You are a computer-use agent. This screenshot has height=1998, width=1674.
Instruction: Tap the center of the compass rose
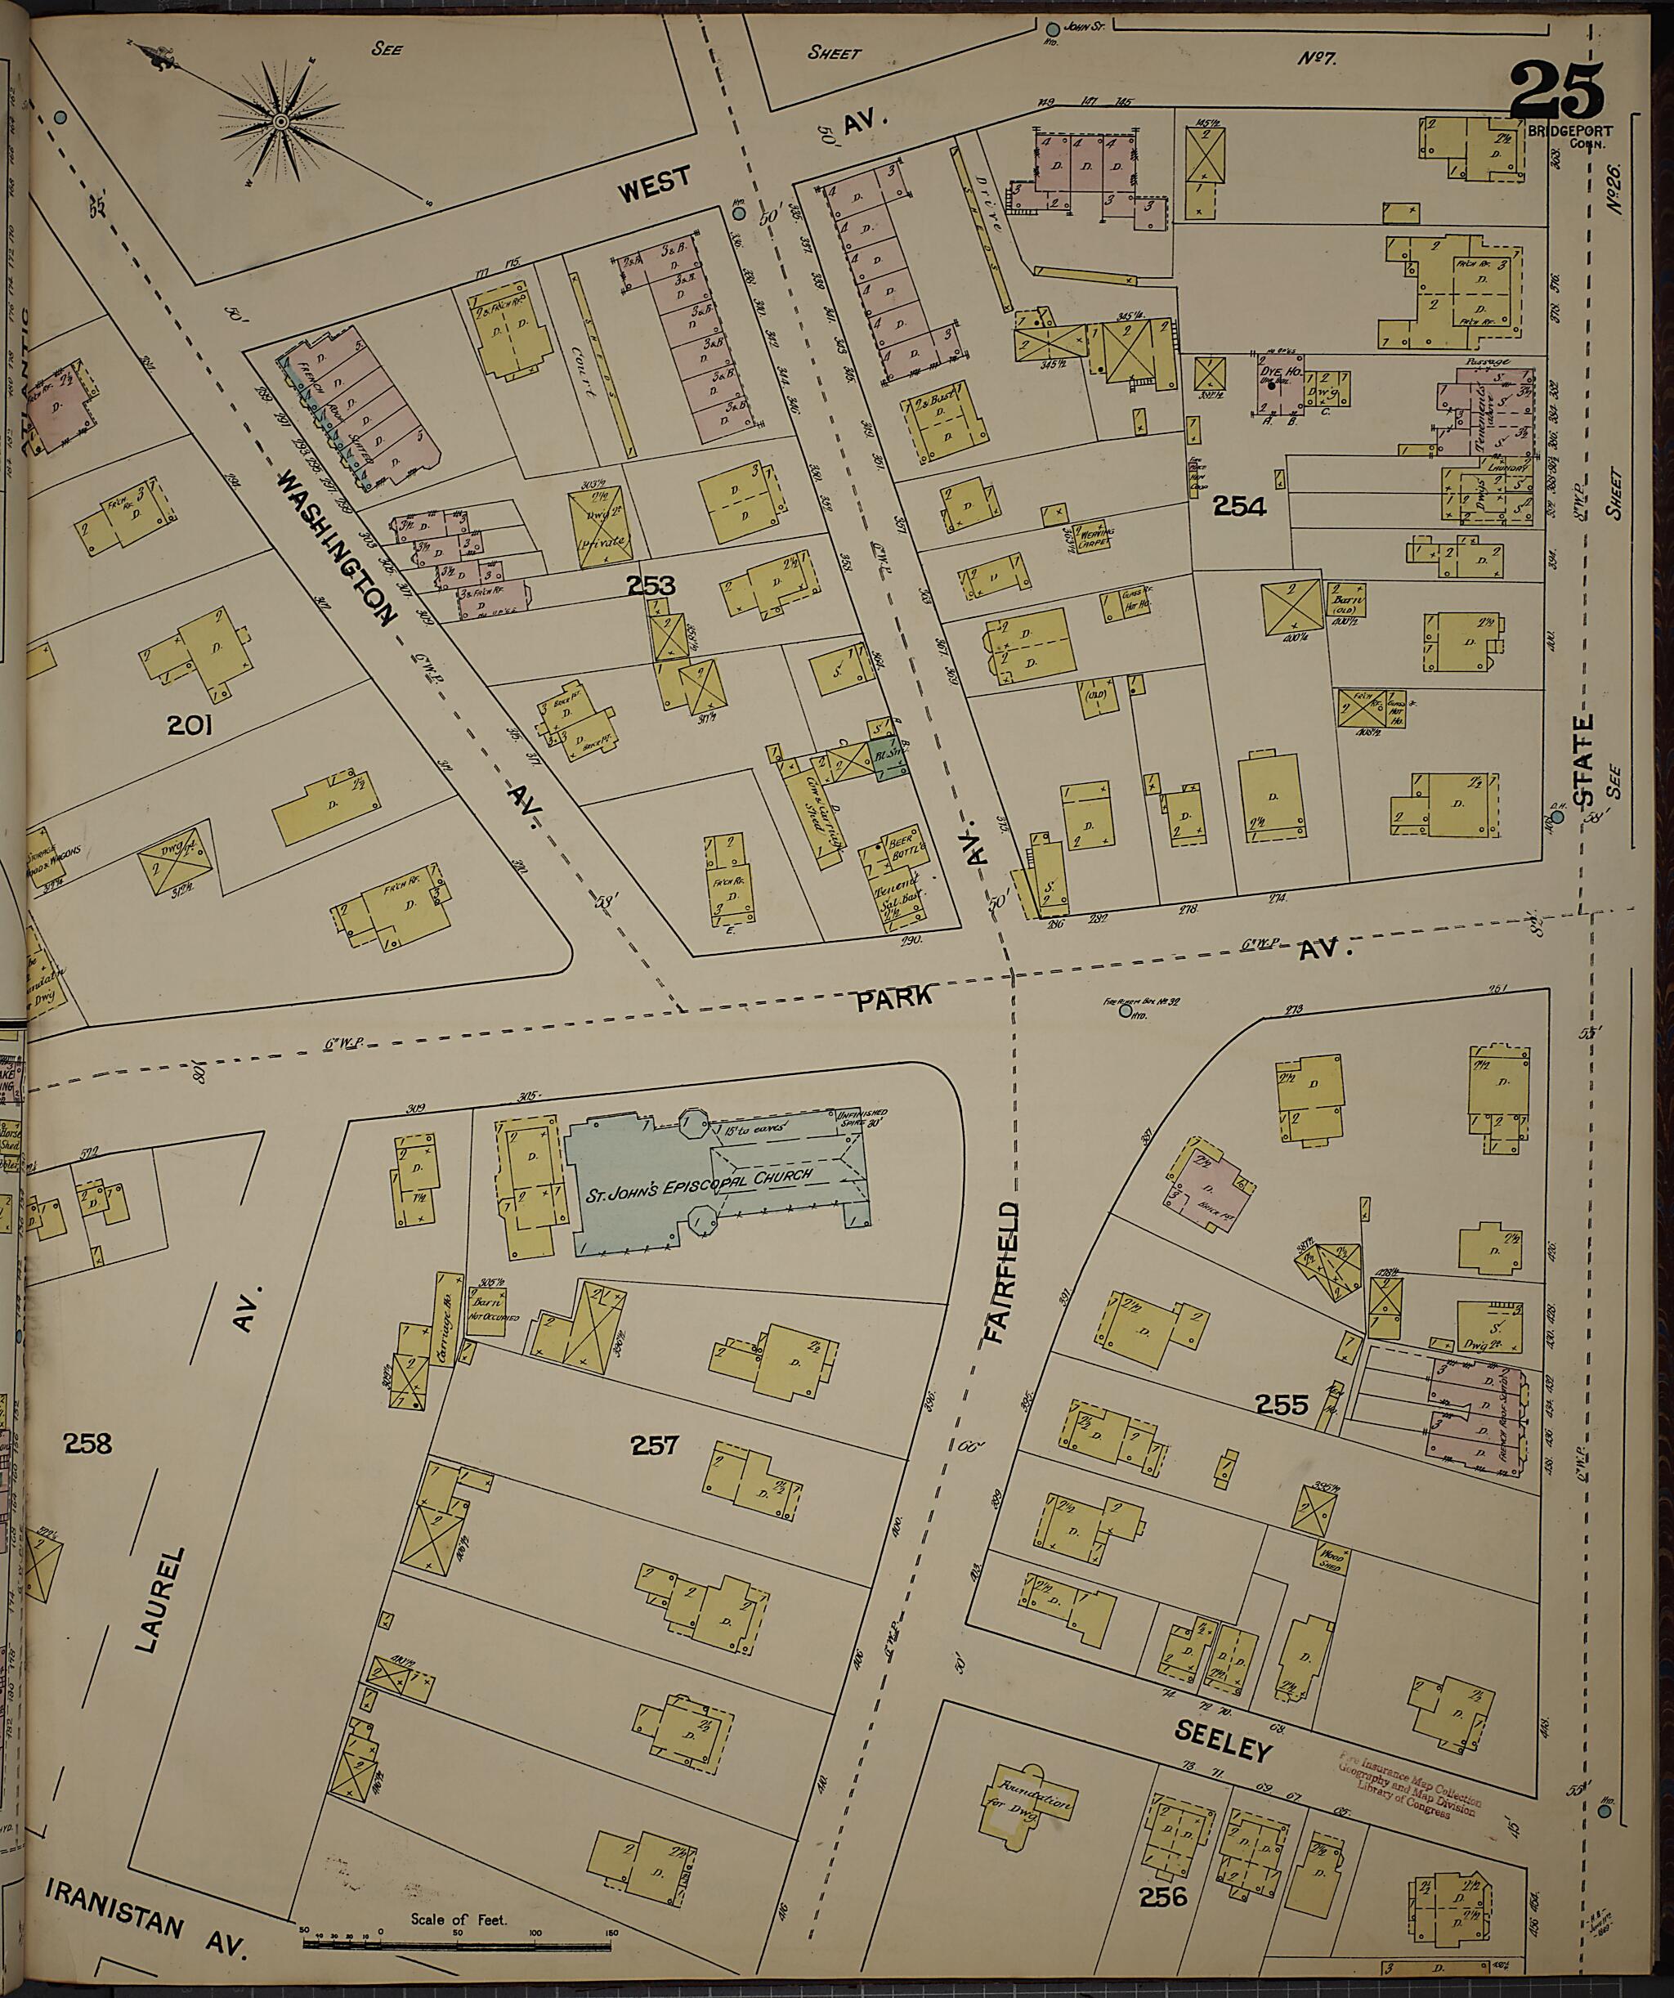pyautogui.click(x=281, y=122)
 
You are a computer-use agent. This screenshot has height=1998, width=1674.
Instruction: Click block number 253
pyautogui.click(x=651, y=585)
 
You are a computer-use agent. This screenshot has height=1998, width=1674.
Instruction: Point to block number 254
pyautogui.click(x=1239, y=507)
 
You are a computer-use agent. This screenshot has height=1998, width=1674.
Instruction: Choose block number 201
pyautogui.click(x=190, y=727)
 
